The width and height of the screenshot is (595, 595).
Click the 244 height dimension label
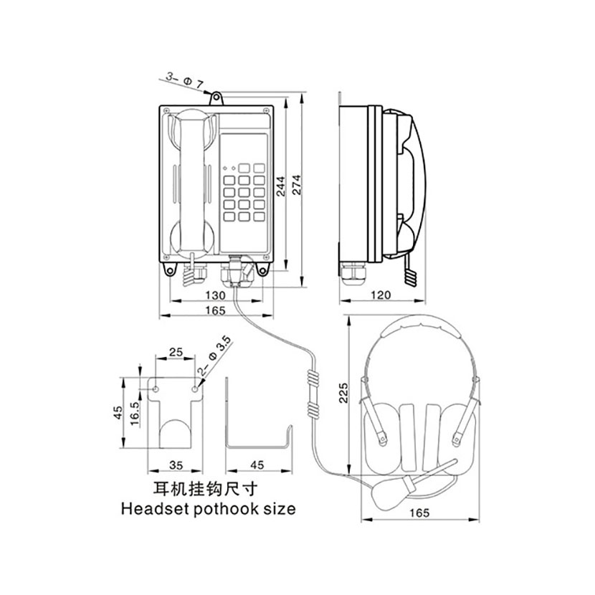click(281, 186)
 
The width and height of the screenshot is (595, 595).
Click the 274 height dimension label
click(296, 185)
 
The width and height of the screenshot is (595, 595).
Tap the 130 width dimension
click(215, 295)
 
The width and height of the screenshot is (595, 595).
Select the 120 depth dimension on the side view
click(380, 295)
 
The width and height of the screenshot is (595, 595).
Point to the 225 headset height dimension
click(343, 393)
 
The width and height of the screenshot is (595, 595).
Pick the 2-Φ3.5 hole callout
click(215, 357)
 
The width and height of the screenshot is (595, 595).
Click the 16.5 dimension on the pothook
click(135, 413)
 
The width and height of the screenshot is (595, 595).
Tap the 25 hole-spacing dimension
click(176, 352)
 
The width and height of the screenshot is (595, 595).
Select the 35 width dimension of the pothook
click(176, 465)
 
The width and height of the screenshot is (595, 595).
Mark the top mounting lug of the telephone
click(216, 98)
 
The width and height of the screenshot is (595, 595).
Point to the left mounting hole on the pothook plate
click(156, 389)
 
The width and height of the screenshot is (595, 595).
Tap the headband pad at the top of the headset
click(421, 328)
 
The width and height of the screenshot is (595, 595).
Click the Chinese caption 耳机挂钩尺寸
click(205, 490)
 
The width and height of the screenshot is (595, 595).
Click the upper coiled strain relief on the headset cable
click(313, 378)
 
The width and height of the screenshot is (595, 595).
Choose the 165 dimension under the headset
click(419, 513)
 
